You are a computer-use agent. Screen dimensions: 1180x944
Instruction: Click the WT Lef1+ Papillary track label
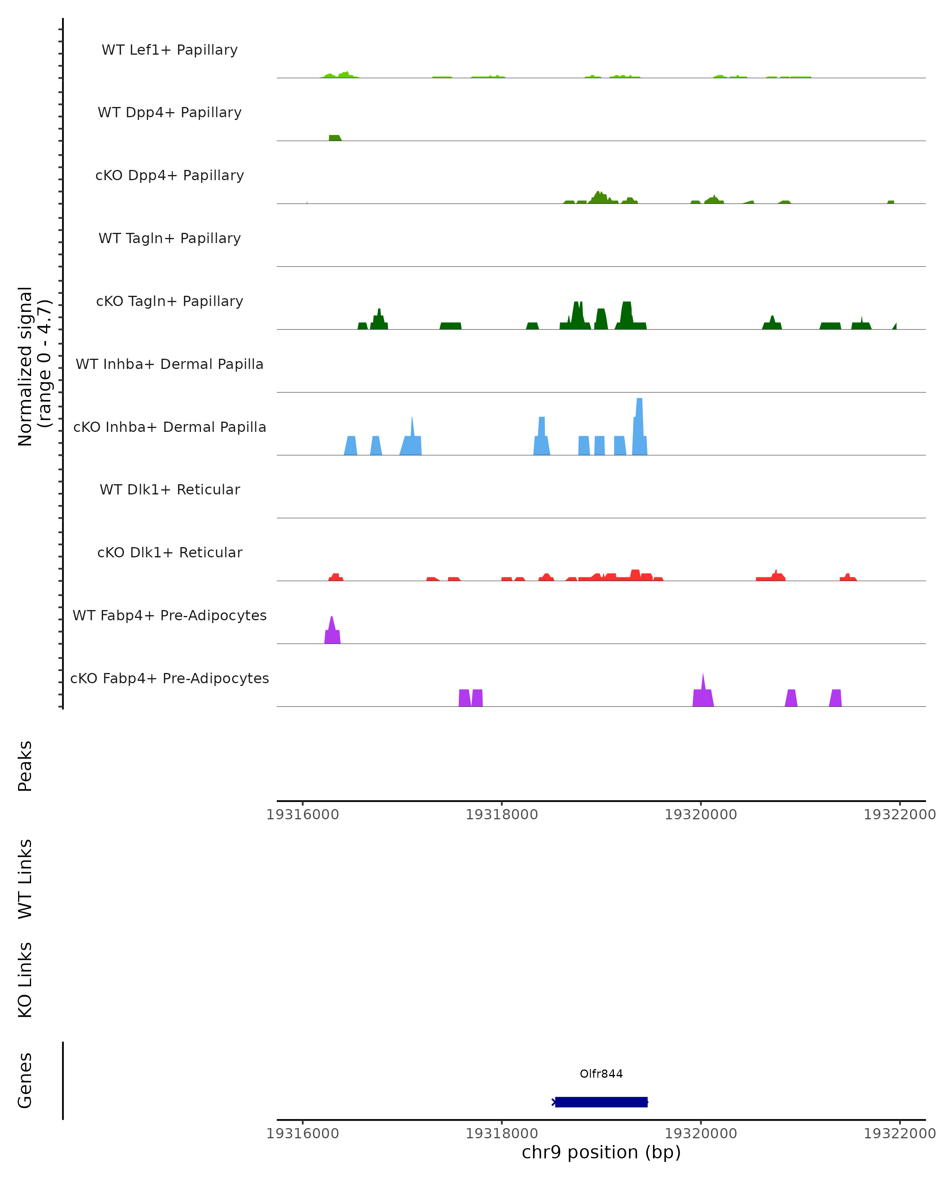pos(170,50)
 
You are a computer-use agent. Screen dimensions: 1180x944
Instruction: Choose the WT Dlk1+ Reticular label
pos(170,489)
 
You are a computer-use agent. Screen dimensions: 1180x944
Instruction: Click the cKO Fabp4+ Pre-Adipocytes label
pos(170,678)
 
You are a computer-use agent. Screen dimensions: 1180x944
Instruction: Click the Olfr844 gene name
pos(601,1074)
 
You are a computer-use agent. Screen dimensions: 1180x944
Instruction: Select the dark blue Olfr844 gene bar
pos(601,1102)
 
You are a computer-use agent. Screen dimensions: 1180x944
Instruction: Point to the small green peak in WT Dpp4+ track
pos(334,138)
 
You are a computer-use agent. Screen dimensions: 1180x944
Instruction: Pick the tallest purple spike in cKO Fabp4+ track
pos(703,692)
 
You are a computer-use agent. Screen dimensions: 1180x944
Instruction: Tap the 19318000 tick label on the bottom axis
pos(501,1133)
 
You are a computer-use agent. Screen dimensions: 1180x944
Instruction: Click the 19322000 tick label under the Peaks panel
pos(899,815)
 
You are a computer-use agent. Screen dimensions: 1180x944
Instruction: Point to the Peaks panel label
pos(25,766)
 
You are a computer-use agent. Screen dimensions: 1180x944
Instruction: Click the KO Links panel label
pos(25,980)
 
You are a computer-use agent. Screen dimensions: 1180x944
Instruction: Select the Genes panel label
pos(25,1080)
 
